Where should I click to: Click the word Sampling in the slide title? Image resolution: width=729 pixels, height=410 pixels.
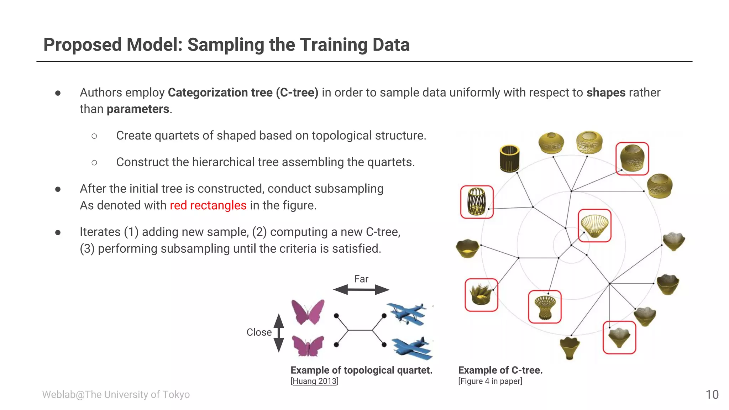pyautogui.click(x=226, y=45)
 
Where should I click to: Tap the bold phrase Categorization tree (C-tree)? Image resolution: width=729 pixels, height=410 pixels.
pyautogui.click(x=243, y=93)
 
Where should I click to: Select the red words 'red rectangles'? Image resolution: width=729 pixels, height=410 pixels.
pyautogui.click(x=208, y=205)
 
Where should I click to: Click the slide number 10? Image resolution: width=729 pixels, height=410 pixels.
pyautogui.click(x=712, y=394)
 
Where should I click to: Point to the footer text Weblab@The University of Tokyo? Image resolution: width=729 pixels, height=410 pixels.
pyautogui.click(x=116, y=394)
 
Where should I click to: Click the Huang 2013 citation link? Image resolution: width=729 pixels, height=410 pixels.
pyautogui.click(x=314, y=381)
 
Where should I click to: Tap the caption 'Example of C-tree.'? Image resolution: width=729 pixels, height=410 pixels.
pyautogui.click(x=500, y=370)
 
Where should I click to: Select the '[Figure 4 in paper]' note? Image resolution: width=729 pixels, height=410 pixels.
pyautogui.click(x=490, y=381)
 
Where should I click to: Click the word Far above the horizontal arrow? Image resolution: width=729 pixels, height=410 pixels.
pyautogui.click(x=361, y=279)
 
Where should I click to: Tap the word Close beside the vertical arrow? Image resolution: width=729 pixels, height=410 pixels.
pyautogui.click(x=259, y=332)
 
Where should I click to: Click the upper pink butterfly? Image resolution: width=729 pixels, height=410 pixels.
pyautogui.click(x=308, y=312)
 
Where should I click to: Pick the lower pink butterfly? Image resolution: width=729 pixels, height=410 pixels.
pyautogui.click(x=308, y=346)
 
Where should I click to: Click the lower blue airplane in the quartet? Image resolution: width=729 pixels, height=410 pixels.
pyautogui.click(x=412, y=348)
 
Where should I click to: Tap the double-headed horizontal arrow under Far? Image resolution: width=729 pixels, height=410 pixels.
pyautogui.click(x=361, y=290)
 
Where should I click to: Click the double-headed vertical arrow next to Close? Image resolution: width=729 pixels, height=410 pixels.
pyautogui.click(x=279, y=333)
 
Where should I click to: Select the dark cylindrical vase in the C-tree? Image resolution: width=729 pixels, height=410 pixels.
pyautogui.click(x=509, y=158)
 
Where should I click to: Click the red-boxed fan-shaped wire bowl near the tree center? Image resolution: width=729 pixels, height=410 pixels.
pyautogui.click(x=594, y=226)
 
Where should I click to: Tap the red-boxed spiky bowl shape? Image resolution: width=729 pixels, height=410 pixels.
pyautogui.click(x=481, y=295)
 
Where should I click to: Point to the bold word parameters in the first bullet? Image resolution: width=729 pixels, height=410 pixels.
pyautogui.click(x=138, y=109)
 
